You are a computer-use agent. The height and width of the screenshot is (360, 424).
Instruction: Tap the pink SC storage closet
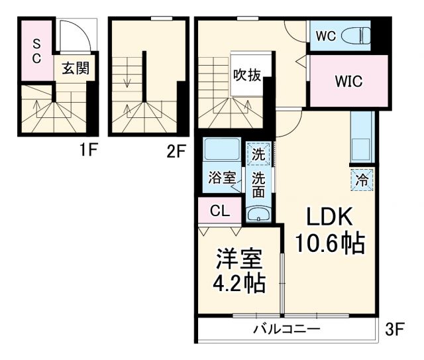click(36, 52)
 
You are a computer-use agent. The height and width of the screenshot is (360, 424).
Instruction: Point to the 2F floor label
click(176, 150)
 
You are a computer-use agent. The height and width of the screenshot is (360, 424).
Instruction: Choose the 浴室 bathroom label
click(222, 178)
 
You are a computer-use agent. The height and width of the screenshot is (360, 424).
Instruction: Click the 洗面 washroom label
click(259, 184)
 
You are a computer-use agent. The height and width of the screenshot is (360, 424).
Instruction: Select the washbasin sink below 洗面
click(259, 213)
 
